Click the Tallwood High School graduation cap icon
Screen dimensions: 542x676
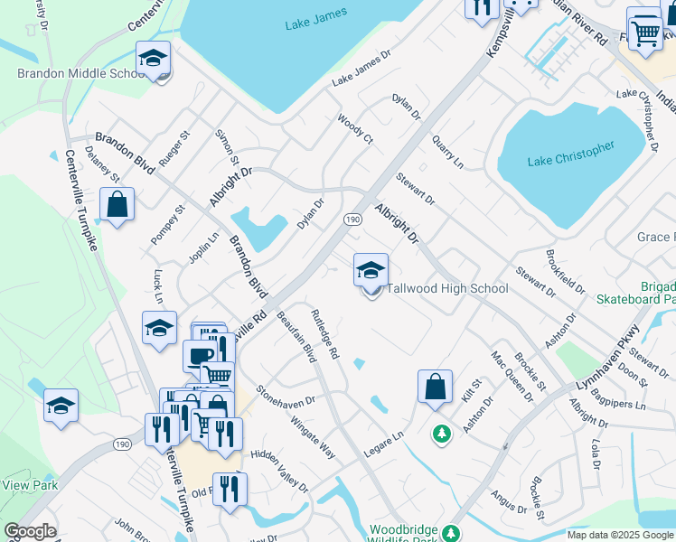pyautogui.click(x=371, y=270)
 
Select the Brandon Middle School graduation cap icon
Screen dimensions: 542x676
pyautogui.click(x=154, y=59)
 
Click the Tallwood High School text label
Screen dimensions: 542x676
pyautogui.click(x=446, y=288)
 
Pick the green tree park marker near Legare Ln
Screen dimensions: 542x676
pyautogui.click(x=441, y=435)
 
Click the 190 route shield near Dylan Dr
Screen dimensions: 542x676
pyautogui.click(x=352, y=220)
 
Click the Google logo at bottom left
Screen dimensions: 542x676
pyautogui.click(x=30, y=531)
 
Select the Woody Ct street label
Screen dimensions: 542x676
pyautogui.click(x=355, y=128)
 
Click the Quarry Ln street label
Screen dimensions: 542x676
pyautogui.click(x=446, y=152)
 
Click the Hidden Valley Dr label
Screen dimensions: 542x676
pyautogui.click(x=279, y=471)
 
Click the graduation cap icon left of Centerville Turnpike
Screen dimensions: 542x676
pyautogui.click(x=61, y=406)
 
